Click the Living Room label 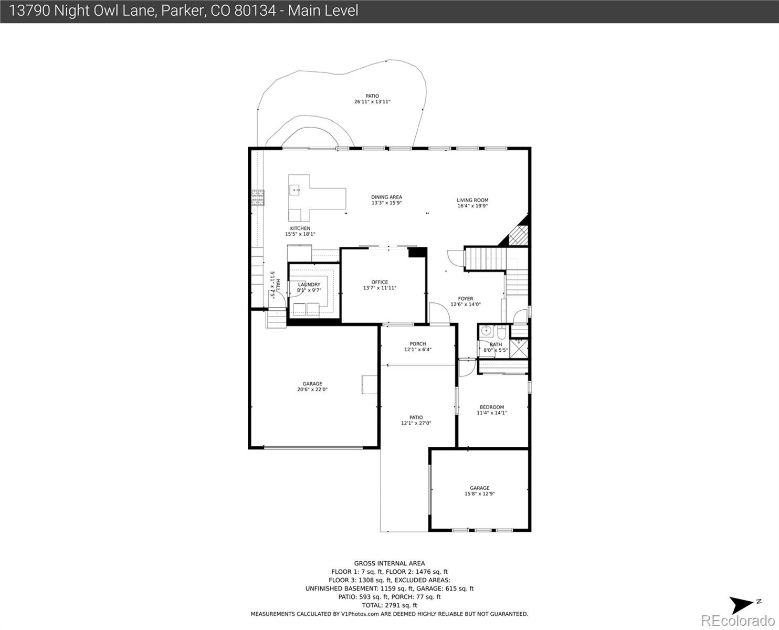point(472,200)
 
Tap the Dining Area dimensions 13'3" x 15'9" point(386,203)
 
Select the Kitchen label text point(300,228)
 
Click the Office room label point(380,282)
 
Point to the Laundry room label point(309,285)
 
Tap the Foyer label point(465,299)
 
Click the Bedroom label point(491,407)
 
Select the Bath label point(496,344)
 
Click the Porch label point(418,344)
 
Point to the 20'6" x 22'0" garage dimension point(312,390)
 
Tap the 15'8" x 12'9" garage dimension point(479,493)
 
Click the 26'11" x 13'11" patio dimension point(372,102)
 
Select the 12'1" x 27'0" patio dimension point(416,423)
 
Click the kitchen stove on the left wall point(258,197)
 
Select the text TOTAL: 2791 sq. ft point(389,605)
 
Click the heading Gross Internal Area point(389,563)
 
